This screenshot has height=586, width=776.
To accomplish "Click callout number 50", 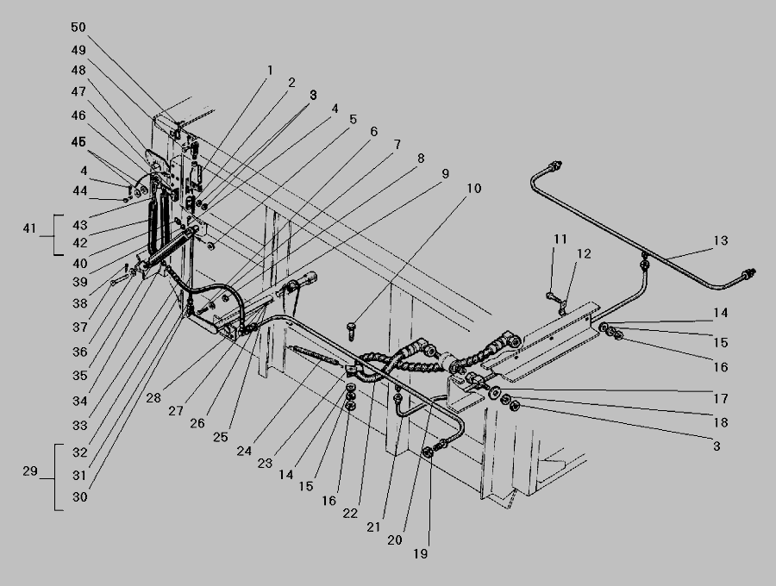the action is coord(78,28).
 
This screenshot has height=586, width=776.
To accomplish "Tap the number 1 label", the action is coord(270,70).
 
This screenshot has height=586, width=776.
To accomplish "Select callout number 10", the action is coord(473,189).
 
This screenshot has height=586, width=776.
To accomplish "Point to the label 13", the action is coord(721,240).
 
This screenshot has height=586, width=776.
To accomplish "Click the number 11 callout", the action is coord(560,240).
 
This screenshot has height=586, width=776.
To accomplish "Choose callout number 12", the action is coord(584,253).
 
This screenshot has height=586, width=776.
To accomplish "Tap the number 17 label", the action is coord(721,398).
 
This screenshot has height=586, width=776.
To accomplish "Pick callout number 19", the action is coord(420,554).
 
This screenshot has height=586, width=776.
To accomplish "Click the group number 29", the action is coord(30,471).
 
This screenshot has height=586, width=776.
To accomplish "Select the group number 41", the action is coord(29,228).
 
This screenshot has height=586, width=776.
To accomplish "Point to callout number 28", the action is coord(153,398).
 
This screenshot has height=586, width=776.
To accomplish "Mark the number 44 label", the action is coord(79,191).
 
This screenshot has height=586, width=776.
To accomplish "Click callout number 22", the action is coord(350,514).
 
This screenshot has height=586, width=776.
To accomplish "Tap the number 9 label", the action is coord(445,174).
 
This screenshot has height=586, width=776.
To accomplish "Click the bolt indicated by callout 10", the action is coord(352,330).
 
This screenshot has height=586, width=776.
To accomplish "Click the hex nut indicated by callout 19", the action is coord(429,451).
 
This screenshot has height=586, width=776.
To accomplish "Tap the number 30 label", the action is coord(79,497).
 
